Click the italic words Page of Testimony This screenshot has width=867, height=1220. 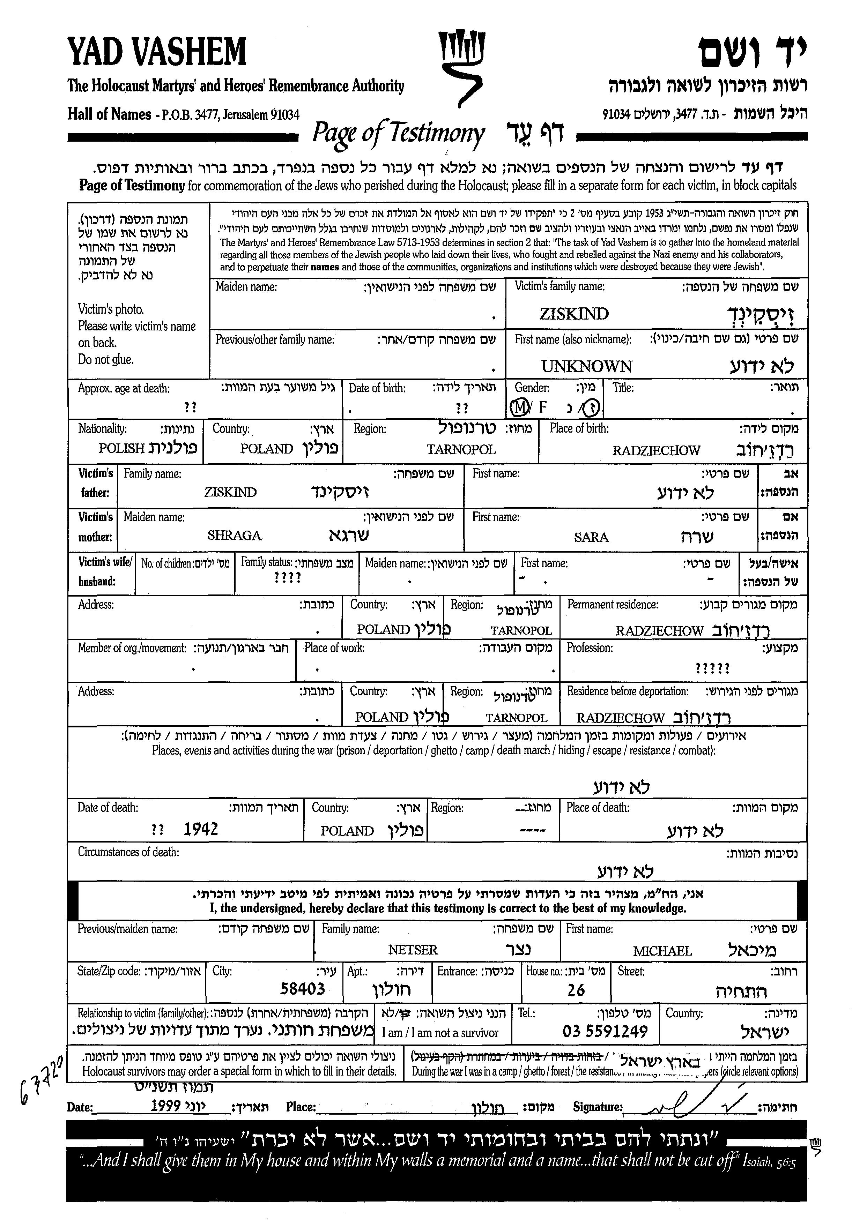coord(398,133)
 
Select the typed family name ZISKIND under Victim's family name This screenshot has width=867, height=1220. coord(574,314)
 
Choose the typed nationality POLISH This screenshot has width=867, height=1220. coord(122,448)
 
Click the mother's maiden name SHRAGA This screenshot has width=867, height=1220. coord(234,535)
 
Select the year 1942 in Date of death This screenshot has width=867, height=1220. coord(201,829)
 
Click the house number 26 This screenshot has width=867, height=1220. coord(576,990)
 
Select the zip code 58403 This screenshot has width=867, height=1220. coord(303,989)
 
